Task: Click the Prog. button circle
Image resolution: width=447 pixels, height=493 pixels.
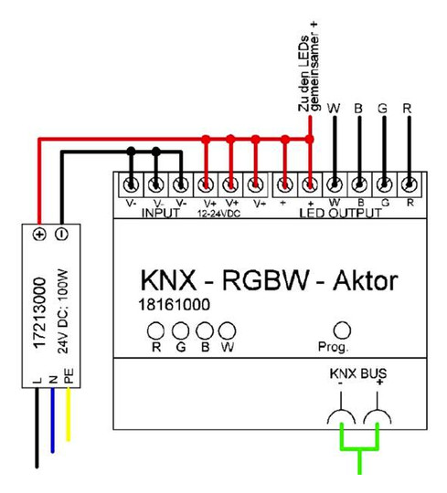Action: click(x=343, y=330)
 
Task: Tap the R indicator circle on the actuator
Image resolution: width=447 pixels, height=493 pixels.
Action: click(x=156, y=330)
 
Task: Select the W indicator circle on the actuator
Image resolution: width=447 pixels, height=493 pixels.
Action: click(x=227, y=330)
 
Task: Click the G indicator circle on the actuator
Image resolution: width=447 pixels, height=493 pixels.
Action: click(x=180, y=330)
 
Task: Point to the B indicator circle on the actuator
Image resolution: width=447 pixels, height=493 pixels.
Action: click(x=203, y=330)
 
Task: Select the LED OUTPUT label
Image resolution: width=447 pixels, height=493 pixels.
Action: click(x=341, y=213)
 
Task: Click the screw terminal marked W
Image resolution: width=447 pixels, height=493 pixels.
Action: click(x=334, y=184)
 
